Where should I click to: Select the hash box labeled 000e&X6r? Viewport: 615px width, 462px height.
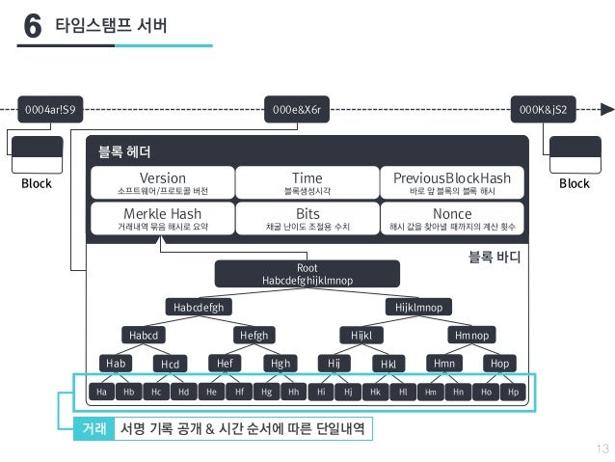point(302,109)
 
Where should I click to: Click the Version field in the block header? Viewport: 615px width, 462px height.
point(162,183)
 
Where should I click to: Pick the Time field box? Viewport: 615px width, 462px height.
point(307,183)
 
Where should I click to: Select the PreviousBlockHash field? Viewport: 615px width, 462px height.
point(452,183)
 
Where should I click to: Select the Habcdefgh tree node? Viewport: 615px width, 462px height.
point(199,307)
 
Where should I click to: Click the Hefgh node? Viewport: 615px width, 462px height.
point(254,335)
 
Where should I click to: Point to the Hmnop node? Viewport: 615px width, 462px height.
point(472,335)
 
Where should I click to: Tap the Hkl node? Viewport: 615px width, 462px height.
point(389,364)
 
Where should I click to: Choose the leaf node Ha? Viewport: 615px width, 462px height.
point(100,393)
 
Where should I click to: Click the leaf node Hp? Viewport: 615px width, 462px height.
point(513,393)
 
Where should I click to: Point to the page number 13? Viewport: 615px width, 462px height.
point(603,447)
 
